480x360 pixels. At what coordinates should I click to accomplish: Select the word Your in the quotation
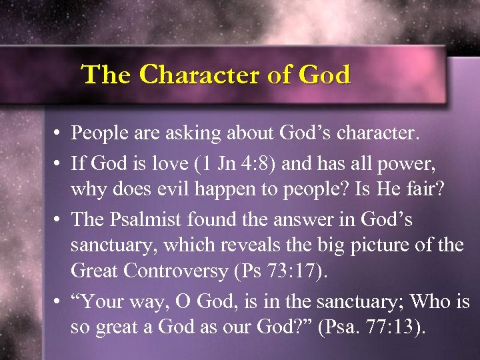(101, 301)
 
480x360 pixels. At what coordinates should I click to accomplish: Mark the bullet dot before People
(59, 134)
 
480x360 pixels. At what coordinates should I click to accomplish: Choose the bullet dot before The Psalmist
(59, 217)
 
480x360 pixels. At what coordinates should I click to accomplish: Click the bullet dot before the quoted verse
(59, 301)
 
